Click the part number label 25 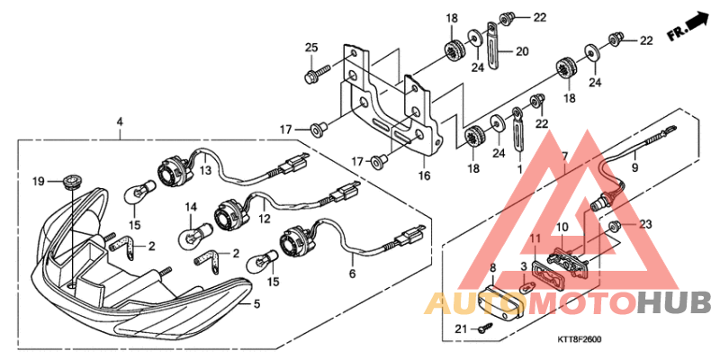[311, 48]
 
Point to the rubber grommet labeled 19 [72, 181]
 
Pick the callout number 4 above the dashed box [120, 121]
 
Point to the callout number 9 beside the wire [634, 166]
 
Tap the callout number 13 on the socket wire [205, 169]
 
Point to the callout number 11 [535, 238]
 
